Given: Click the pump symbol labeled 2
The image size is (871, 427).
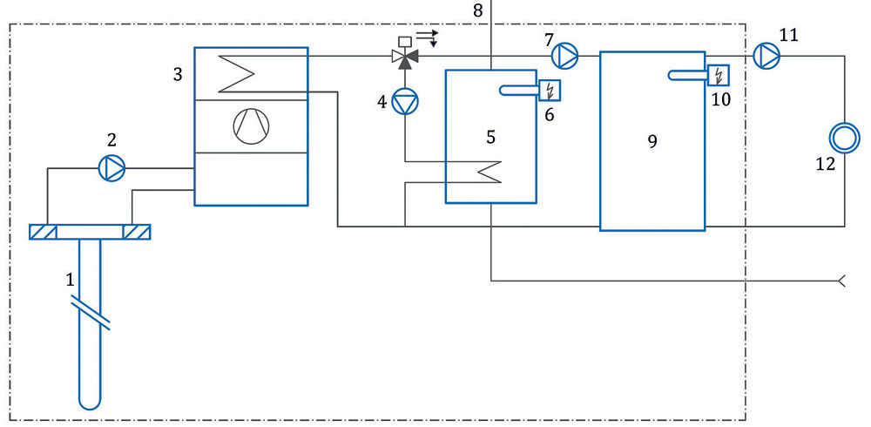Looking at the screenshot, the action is tap(111, 167).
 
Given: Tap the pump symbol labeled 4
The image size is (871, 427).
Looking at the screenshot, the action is tap(405, 102).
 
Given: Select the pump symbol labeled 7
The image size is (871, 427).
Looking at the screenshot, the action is tap(564, 56).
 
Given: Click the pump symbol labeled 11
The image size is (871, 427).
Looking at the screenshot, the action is tap(766, 55).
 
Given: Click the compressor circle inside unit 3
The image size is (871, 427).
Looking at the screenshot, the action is tap(251, 126).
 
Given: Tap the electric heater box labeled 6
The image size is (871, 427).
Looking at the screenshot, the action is tap(550, 90).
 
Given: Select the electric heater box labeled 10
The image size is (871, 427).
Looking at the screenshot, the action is tap(719, 75).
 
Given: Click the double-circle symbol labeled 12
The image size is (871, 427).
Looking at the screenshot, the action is tap(844, 137).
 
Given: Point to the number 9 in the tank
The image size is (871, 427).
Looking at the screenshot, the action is tap(652, 141).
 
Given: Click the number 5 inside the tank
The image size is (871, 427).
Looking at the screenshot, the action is tap(490, 136).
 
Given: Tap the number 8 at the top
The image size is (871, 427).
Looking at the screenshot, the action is tap(478, 11).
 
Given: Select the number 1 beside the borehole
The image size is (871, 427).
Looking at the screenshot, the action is tap(70, 280).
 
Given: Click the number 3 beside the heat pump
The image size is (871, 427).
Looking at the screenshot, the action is tap(177, 74).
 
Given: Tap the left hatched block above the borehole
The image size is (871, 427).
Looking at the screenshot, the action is tap(43, 232).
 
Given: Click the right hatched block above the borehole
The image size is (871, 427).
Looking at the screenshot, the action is tap(137, 232).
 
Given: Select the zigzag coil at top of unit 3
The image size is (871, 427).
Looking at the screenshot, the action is tap(237, 73).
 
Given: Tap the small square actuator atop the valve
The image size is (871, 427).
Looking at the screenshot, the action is tap(405, 41).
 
